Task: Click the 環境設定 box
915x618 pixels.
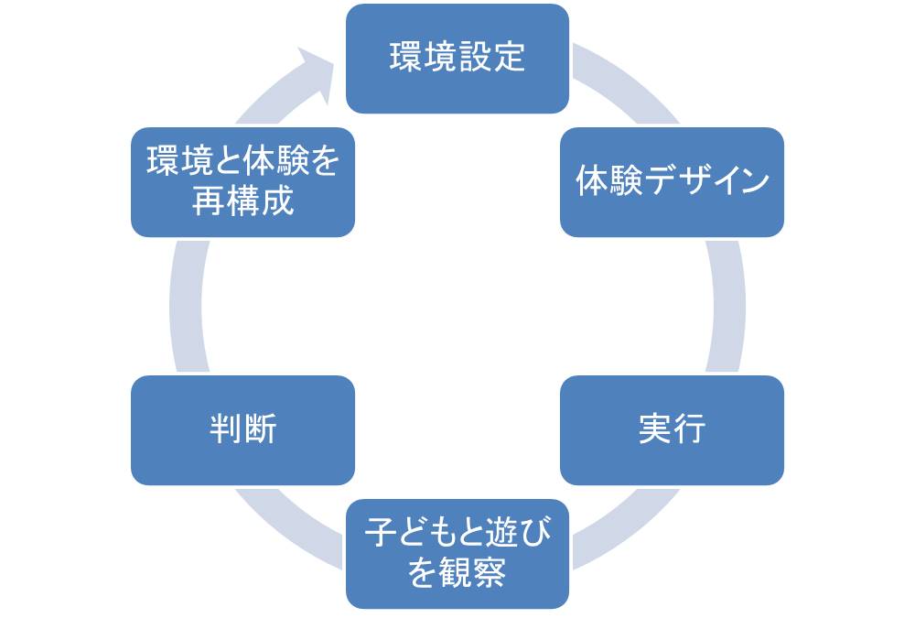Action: [x=457, y=59]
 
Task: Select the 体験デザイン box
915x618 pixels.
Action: [x=672, y=182]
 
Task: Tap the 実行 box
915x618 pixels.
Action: [x=672, y=429]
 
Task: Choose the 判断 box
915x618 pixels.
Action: [x=242, y=429]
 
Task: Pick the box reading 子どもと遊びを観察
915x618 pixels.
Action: [x=457, y=553]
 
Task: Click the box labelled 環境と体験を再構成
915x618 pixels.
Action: [x=242, y=182]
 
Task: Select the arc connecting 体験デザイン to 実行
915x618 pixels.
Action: [x=728, y=306]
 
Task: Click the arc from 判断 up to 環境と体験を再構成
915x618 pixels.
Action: [x=186, y=306]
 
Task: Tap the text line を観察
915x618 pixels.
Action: [x=457, y=573]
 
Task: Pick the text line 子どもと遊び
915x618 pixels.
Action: [x=457, y=534]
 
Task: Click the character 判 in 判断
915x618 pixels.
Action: [x=225, y=429]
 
